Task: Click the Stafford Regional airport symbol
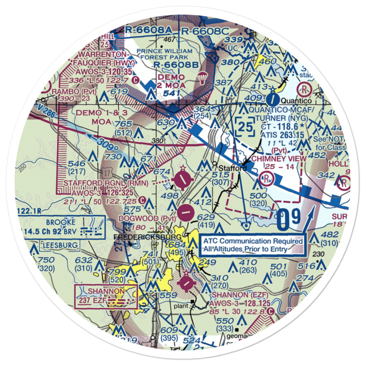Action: tap(182, 179)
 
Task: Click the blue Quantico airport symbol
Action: tap(272, 99)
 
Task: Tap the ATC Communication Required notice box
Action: tap(253, 245)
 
